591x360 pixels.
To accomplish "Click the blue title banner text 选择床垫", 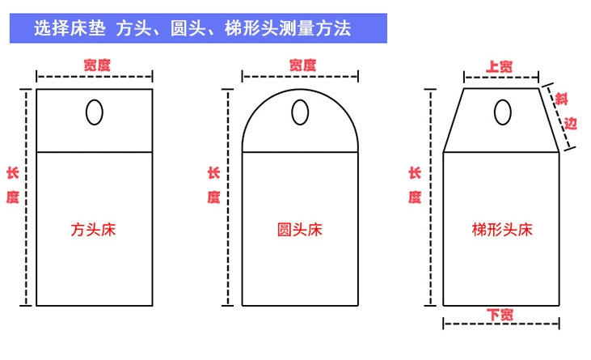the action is [x=70, y=28].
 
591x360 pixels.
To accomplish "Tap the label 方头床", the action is [x=94, y=230].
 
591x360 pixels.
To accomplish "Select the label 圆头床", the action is [x=300, y=230].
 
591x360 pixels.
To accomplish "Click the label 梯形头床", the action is [x=502, y=230].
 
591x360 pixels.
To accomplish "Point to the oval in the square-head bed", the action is [x=95, y=112].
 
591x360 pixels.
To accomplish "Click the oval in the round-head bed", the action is [x=300, y=112].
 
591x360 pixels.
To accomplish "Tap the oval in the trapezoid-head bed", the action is [x=502, y=112].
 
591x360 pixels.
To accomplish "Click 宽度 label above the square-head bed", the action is [x=97, y=65].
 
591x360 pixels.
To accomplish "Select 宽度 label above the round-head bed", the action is [x=302, y=65].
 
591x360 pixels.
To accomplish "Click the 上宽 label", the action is [x=500, y=66].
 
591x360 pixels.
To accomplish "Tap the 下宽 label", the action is [x=500, y=315].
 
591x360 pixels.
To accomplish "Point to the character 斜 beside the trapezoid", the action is [x=561, y=100].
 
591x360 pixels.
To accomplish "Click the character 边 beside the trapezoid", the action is [x=571, y=123].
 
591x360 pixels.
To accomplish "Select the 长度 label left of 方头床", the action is [x=12, y=185].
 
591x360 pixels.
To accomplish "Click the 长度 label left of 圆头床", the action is [x=213, y=185].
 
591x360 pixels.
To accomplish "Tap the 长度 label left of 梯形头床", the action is [x=415, y=185].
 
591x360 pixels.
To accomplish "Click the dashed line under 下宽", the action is [x=501, y=324].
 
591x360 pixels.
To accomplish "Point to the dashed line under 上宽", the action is [x=501, y=78].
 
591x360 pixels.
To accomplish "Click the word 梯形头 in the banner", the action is [x=251, y=28].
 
